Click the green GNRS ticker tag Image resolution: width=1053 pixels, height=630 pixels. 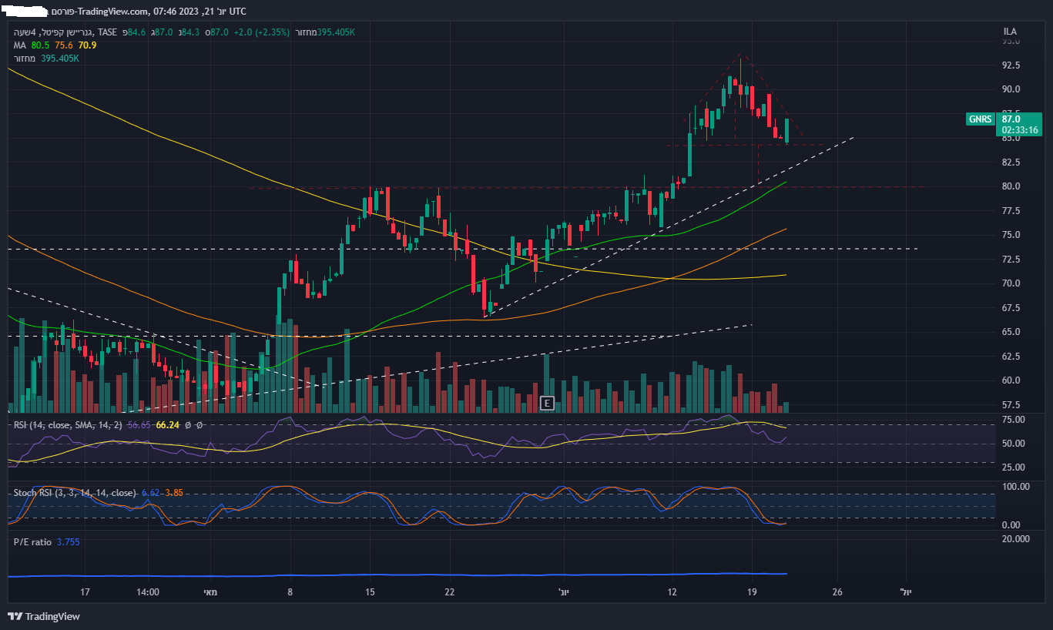coord(981,119)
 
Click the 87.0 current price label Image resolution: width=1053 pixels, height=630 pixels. coord(1011,119)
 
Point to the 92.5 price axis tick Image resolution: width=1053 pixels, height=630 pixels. coord(1011,65)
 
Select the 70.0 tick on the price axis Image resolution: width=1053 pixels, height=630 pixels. coord(1011,283)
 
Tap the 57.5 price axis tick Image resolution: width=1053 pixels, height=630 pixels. coord(1011,405)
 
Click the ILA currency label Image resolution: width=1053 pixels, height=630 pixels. coord(1010,32)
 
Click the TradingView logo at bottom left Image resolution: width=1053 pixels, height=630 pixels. coord(44,616)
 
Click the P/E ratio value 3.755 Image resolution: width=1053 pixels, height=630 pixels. coord(68,542)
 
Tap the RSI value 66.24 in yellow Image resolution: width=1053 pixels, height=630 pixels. coord(167,425)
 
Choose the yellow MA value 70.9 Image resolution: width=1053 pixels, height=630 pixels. coord(87,45)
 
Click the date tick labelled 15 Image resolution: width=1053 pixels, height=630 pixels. coord(371,592)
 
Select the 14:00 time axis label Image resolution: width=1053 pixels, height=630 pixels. coord(147,592)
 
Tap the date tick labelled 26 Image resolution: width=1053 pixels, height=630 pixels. coord(837,592)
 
